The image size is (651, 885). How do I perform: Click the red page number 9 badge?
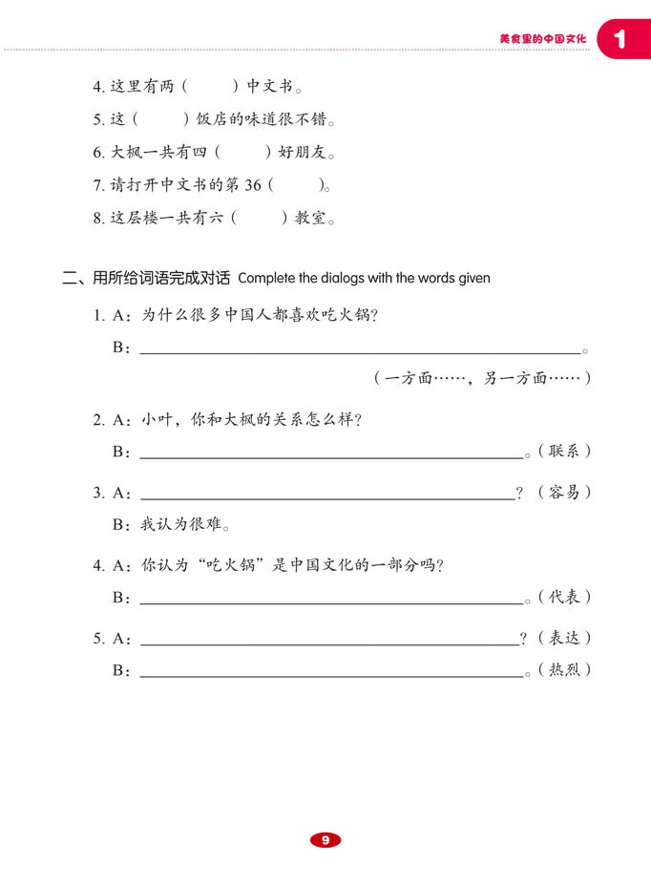point(325,840)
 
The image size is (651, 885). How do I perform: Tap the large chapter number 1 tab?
point(621,40)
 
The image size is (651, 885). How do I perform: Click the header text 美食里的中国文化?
point(542,40)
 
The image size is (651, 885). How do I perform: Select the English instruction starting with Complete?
point(364,279)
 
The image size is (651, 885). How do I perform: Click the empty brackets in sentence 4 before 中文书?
point(209,87)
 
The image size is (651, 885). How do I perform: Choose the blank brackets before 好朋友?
point(242,153)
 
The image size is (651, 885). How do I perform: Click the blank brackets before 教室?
point(259,219)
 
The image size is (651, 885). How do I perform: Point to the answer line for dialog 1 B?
point(360,349)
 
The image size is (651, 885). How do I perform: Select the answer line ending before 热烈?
point(331,672)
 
